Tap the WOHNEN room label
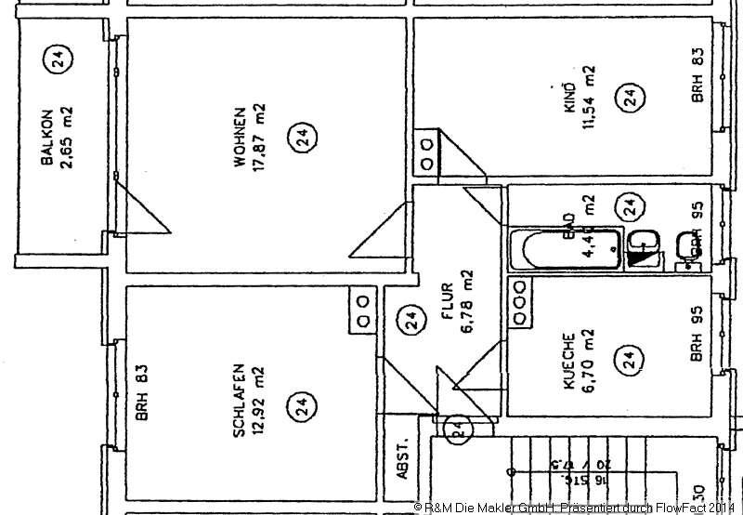coord(240,137)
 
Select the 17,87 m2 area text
coord(261,137)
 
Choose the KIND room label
coord(570,99)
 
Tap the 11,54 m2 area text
coord(590,99)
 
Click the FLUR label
coord(447,303)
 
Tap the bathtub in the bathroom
coord(564,249)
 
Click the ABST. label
coord(402,457)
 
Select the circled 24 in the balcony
coord(58,60)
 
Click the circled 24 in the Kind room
coord(631,97)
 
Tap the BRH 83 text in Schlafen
coord(142,392)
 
